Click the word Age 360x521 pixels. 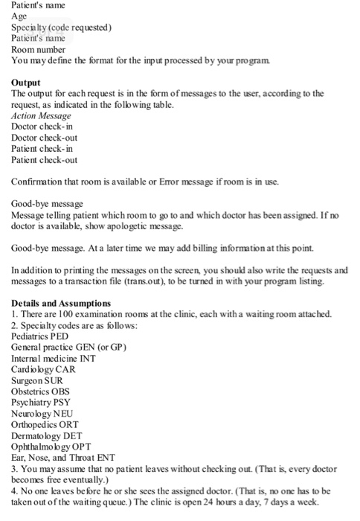tap(19, 16)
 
